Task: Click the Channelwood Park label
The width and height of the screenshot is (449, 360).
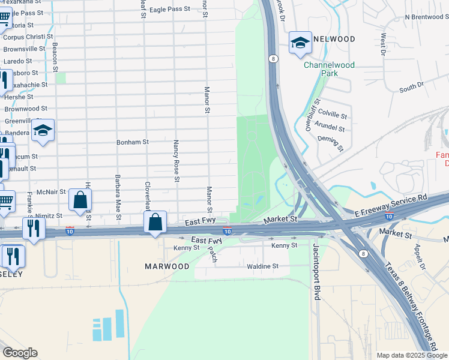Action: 329,69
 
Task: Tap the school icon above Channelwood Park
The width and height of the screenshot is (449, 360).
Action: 300,43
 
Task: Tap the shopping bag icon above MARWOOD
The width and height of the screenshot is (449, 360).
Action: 155,222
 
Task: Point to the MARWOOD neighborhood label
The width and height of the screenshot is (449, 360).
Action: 167,266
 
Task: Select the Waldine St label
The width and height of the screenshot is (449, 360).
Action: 263,266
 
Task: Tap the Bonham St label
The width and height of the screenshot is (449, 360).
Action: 132,142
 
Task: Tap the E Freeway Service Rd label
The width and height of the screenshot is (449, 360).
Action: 390,204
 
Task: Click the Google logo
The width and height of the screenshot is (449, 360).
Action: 20,353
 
